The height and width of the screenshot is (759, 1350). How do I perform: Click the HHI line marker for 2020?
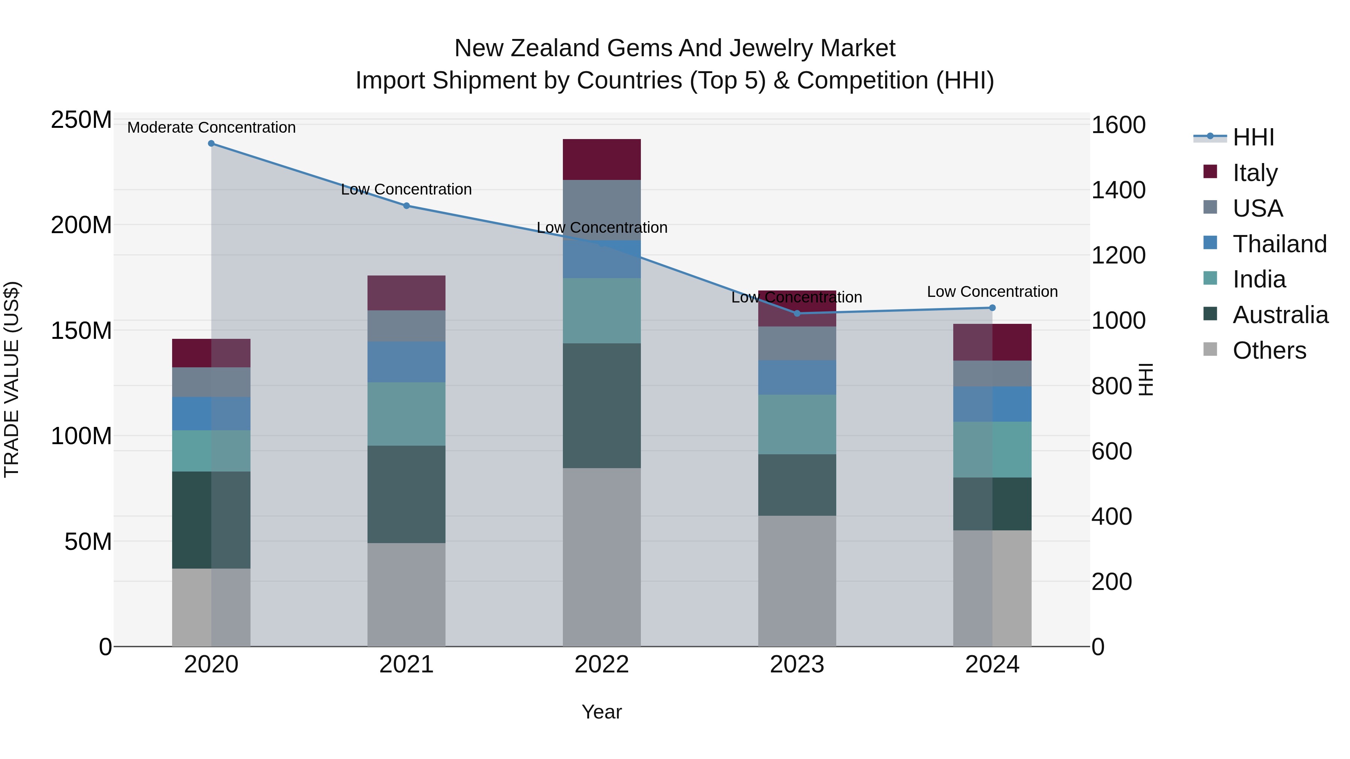click(211, 144)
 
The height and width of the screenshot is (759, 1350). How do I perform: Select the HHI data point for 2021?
click(406, 206)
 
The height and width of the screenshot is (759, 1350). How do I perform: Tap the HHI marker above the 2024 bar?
click(992, 308)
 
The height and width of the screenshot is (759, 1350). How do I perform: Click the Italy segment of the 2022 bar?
click(601, 160)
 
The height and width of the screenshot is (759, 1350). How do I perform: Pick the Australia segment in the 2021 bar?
click(406, 494)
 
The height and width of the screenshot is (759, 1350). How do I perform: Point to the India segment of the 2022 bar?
click(601, 311)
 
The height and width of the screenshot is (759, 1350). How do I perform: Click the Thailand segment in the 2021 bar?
click(406, 362)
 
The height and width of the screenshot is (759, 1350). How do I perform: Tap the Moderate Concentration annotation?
click(211, 128)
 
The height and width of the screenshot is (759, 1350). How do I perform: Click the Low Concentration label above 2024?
click(992, 292)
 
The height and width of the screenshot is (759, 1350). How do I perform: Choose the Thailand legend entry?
click(1279, 244)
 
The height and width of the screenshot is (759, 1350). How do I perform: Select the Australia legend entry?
click(1280, 315)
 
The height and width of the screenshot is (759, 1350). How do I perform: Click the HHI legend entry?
click(1253, 137)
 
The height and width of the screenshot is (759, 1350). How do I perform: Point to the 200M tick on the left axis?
click(81, 225)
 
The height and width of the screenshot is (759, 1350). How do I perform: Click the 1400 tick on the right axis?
click(1118, 190)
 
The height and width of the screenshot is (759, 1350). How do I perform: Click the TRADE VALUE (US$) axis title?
click(12, 379)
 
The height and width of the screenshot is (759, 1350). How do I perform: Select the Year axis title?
click(601, 712)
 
